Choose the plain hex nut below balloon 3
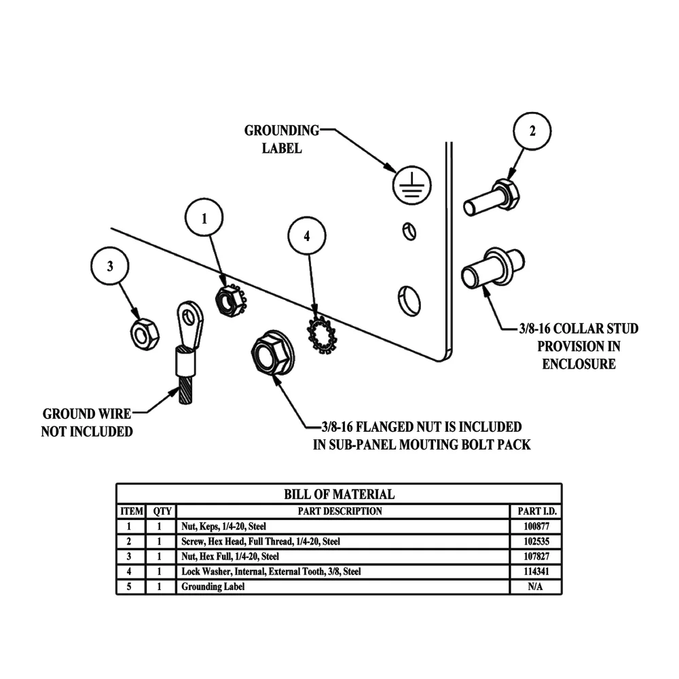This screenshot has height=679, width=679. pyautogui.click(x=143, y=334)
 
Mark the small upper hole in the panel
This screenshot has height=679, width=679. pyautogui.click(x=407, y=230)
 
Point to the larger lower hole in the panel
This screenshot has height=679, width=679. pyautogui.click(x=408, y=299)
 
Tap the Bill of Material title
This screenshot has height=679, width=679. pyautogui.click(x=338, y=494)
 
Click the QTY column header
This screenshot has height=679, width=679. pyautogui.click(x=161, y=511)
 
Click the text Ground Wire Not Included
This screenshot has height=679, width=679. pyautogui.click(x=87, y=422)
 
